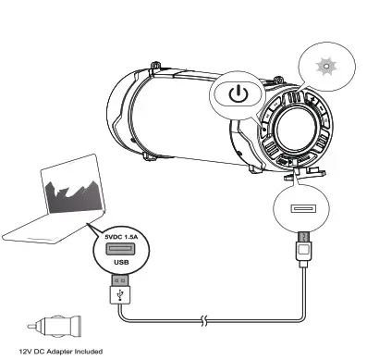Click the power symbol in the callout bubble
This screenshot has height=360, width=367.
click(x=239, y=94)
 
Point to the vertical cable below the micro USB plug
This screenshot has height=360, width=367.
click(x=304, y=287)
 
